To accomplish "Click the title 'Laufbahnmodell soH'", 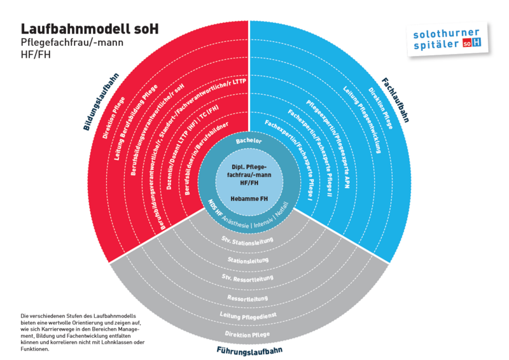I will [90, 29].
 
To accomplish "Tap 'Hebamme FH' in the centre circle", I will [249, 198].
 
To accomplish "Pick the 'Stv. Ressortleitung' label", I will [248, 277].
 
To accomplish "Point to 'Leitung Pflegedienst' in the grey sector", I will [248, 315].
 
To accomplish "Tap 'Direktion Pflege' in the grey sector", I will [248, 334].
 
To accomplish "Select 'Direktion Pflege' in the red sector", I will [114, 118].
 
